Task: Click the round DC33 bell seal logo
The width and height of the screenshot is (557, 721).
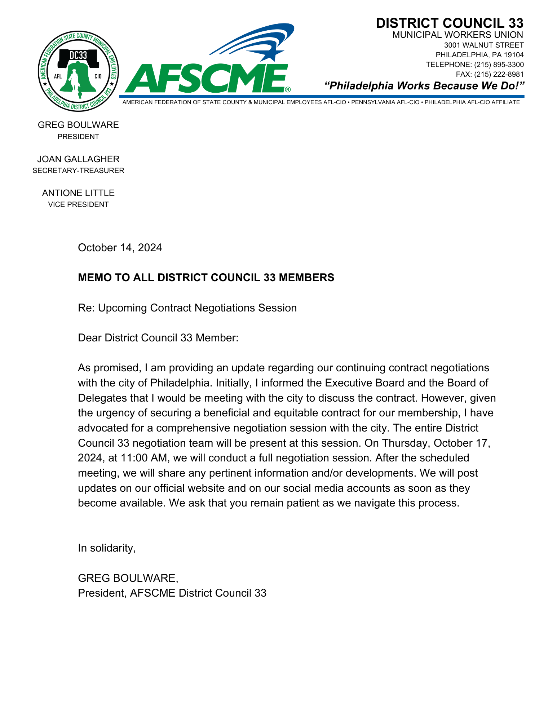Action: click(78, 71)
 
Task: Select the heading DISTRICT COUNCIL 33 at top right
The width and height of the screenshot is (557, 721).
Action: click(449, 23)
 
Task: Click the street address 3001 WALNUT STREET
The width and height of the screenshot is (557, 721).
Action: click(483, 45)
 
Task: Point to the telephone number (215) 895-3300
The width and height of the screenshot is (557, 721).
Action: click(499, 65)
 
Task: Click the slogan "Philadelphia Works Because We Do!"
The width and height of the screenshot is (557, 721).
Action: click(424, 86)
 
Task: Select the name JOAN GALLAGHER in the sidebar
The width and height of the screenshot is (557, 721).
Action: click(78, 159)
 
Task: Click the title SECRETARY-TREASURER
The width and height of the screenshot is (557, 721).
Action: click(78, 171)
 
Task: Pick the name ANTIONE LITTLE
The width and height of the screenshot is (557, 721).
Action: click(78, 193)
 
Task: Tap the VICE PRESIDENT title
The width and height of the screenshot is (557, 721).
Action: click(78, 204)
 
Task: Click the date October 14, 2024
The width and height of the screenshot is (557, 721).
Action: click(120, 248)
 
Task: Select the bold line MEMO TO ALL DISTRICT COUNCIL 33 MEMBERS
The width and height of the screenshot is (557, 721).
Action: click(206, 278)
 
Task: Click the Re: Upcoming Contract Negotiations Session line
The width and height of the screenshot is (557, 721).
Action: click(187, 308)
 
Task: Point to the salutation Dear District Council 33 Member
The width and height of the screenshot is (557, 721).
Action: click(158, 338)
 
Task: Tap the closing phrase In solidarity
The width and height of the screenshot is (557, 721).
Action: click(107, 548)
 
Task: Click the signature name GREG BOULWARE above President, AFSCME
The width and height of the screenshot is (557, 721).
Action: click(128, 578)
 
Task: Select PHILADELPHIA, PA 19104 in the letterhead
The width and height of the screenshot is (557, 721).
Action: click(479, 55)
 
